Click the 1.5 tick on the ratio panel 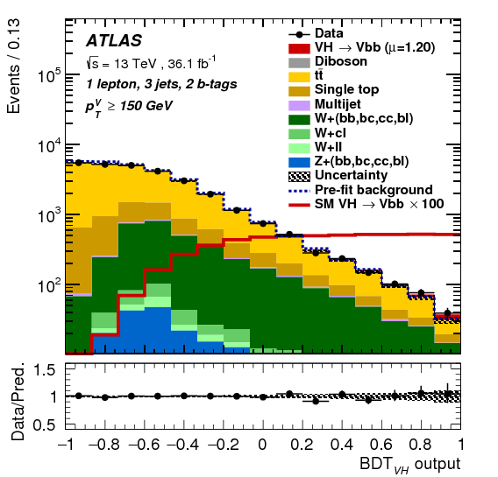coord(45,371)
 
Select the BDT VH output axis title coord(408,464)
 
